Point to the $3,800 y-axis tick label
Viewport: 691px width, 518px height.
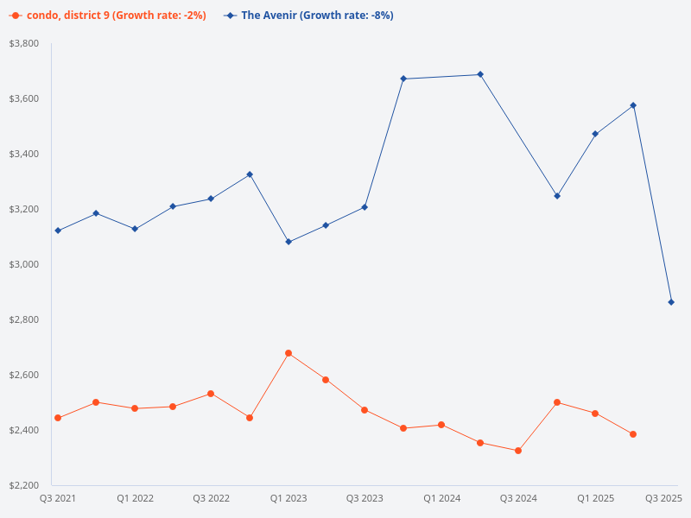(24, 43)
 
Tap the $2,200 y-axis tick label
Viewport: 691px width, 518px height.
(24, 485)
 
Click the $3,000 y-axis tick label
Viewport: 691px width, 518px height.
(24, 264)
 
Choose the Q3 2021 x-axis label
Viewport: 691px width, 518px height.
(58, 498)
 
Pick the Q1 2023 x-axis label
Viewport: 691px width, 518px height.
(288, 498)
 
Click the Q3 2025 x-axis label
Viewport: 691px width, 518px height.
(664, 498)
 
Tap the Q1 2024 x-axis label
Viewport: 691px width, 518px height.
(441, 498)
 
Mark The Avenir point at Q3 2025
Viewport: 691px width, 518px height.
(671, 302)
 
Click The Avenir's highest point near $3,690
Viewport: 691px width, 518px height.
(480, 74)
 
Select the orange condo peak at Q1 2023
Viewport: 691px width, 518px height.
(288, 353)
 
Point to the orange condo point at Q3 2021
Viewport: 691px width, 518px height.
(58, 418)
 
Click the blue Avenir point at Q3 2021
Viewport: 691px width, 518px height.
(58, 231)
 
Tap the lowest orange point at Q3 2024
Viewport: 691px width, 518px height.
(518, 451)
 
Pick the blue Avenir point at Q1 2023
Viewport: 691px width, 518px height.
(288, 242)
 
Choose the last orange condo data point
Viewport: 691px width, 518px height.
(633, 434)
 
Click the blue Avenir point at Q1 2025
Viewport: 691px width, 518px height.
(595, 134)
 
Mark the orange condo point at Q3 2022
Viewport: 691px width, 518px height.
(211, 394)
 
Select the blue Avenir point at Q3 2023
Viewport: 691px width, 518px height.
(365, 207)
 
